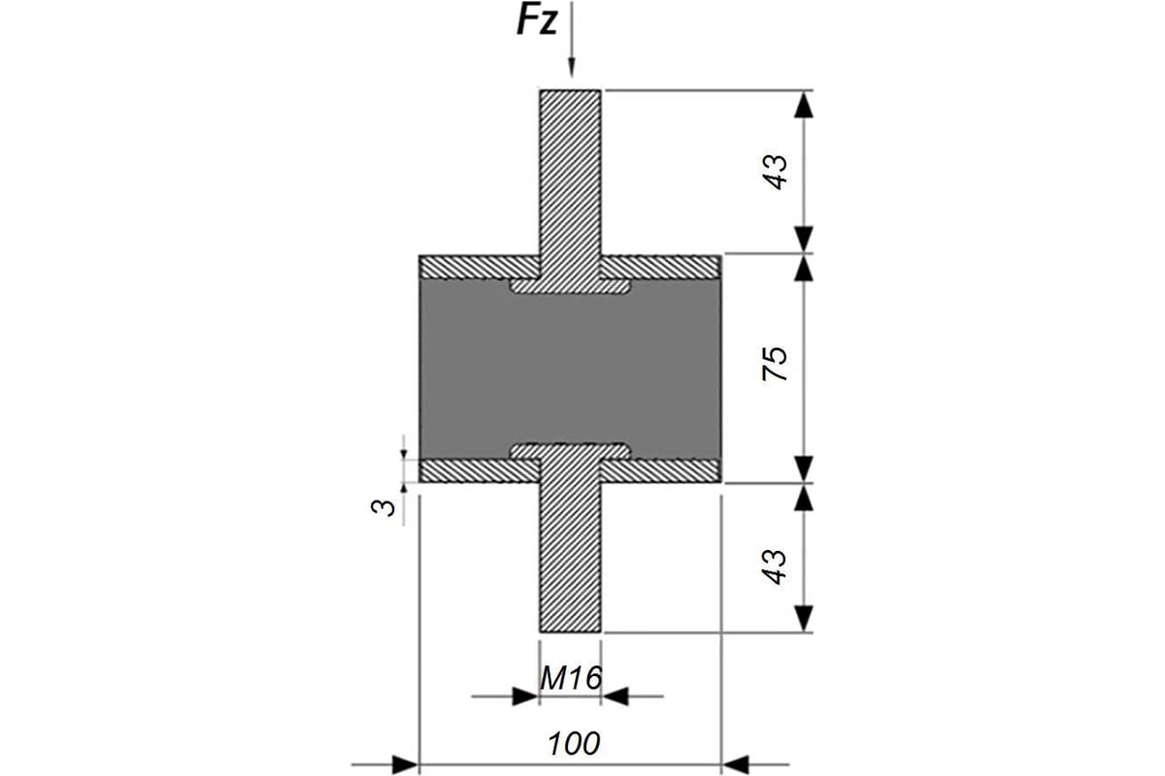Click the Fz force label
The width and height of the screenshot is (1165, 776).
(536, 21)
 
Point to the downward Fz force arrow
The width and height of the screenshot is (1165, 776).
(571, 40)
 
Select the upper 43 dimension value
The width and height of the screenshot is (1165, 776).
(775, 172)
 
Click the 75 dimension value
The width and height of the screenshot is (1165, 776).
(775, 363)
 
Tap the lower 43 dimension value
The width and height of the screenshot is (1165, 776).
(775, 566)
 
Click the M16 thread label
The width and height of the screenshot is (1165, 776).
(571, 678)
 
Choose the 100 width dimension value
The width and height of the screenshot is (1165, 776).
(574, 744)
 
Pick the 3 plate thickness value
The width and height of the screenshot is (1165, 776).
(383, 506)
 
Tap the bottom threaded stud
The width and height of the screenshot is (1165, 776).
(571, 556)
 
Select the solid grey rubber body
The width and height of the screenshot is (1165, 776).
(570, 370)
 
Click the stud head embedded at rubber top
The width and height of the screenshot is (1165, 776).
(571, 286)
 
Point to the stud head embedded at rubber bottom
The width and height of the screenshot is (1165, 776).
(571, 451)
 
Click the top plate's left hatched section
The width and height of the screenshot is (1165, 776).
(480, 267)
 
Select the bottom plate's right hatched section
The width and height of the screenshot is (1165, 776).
(660, 470)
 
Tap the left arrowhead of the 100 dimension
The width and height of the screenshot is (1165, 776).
(405, 765)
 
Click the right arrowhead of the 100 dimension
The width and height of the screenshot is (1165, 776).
(735, 765)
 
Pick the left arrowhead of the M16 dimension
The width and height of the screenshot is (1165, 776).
(525, 696)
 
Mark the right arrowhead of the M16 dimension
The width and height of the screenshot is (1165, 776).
(616, 696)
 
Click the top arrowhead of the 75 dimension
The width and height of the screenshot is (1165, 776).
(804, 268)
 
